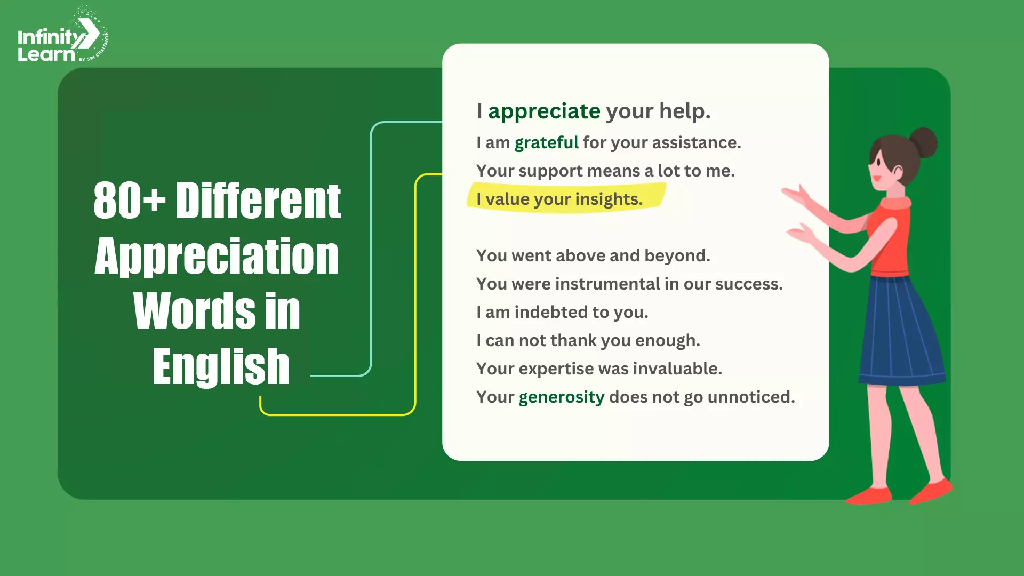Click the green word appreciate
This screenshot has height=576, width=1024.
point(544,111)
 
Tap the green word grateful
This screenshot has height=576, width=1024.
point(546,143)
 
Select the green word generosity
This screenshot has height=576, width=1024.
point(561,397)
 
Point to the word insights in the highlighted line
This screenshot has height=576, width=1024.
point(609,199)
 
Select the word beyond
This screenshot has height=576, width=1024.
point(677,256)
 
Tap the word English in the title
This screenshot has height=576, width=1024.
point(221,366)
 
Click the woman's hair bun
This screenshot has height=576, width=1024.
point(923,143)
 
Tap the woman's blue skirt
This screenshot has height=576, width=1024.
point(901,331)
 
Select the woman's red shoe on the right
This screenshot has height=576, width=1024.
point(931,491)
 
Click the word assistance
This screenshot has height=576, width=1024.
point(697,143)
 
